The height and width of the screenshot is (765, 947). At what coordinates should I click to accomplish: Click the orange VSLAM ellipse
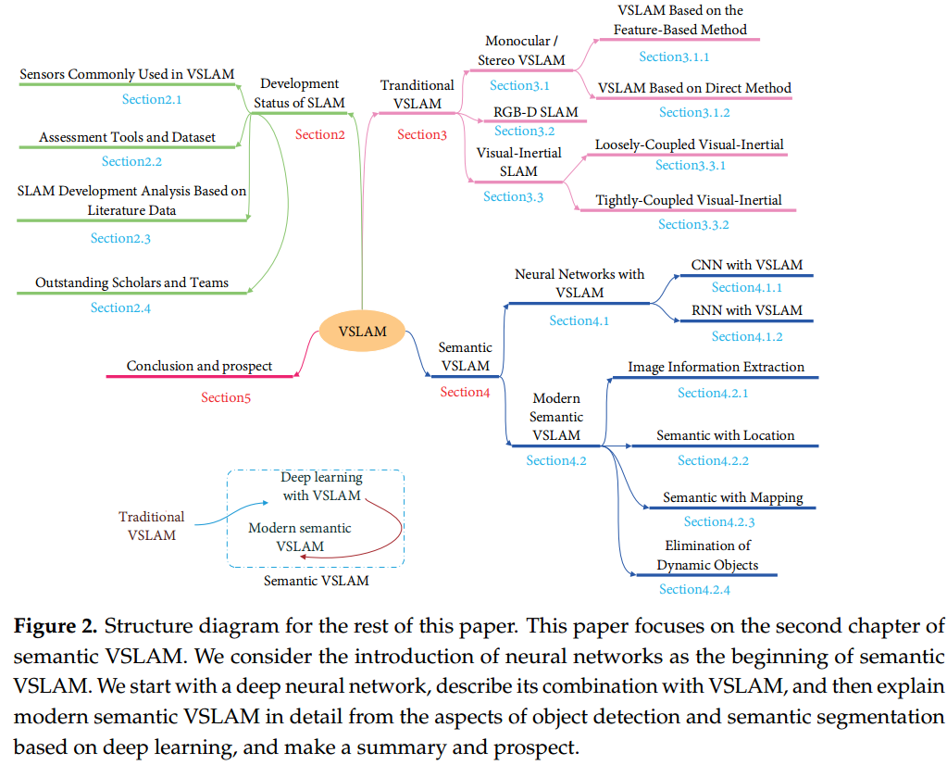(363, 332)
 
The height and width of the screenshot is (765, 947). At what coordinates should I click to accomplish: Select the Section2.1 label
(152, 98)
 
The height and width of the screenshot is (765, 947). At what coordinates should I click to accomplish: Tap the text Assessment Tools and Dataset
(127, 137)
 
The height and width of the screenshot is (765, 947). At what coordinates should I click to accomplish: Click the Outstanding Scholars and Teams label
(131, 282)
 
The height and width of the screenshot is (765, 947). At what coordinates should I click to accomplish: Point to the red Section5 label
(226, 397)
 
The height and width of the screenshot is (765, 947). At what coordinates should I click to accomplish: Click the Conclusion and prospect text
(199, 366)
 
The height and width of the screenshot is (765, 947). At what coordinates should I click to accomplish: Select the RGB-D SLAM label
(535, 112)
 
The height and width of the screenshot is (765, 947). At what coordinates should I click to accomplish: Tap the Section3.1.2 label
(694, 112)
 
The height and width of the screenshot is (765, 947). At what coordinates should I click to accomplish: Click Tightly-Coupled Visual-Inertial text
(689, 200)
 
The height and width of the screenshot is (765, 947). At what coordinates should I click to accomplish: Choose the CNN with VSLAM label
(746, 265)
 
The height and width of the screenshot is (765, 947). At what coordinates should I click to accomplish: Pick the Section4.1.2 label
(746, 336)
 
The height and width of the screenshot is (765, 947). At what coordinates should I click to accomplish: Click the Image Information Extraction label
(716, 367)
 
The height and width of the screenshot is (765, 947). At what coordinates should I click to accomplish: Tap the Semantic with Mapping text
(732, 497)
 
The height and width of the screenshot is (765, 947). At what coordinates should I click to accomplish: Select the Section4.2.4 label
(694, 589)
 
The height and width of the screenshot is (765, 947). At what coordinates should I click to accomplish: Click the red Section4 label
(465, 392)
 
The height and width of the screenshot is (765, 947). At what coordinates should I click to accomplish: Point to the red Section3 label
(422, 134)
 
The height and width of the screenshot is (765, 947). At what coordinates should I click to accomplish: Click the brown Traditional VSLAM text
(152, 526)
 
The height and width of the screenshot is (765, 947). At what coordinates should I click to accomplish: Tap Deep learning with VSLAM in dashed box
(321, 486)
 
